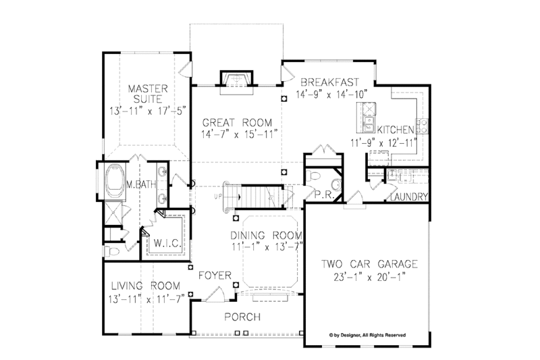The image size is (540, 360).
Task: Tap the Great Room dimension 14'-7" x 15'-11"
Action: point(238,135)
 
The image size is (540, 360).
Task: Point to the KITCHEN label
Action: point(396,129)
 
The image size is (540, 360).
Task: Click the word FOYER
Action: point(215,276)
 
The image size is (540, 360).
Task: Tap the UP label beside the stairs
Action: point(217,196)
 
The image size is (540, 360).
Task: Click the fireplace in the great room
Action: point(236,78)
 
